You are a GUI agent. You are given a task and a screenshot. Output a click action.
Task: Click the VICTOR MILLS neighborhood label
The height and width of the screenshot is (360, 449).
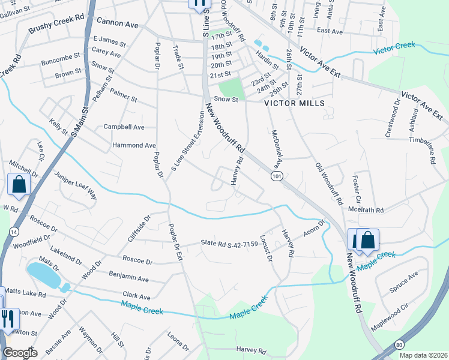295,103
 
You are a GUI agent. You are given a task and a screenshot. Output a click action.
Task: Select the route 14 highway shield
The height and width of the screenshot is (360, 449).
14,232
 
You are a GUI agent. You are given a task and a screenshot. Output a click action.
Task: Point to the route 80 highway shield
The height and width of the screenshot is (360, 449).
399,344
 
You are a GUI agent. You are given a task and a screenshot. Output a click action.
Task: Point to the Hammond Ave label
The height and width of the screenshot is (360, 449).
134,145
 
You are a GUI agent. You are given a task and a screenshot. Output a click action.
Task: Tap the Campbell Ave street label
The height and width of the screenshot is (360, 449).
124,127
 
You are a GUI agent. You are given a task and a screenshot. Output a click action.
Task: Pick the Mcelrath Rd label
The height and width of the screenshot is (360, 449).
366,210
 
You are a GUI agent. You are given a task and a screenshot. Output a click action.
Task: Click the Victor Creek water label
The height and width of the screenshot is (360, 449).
394,47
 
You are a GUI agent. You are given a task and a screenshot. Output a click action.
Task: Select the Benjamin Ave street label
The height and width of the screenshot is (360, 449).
128,278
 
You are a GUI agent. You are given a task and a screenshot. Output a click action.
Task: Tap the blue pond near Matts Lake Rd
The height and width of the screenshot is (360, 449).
43,274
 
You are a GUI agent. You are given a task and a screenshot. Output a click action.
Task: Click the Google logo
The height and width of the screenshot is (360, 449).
20,353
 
